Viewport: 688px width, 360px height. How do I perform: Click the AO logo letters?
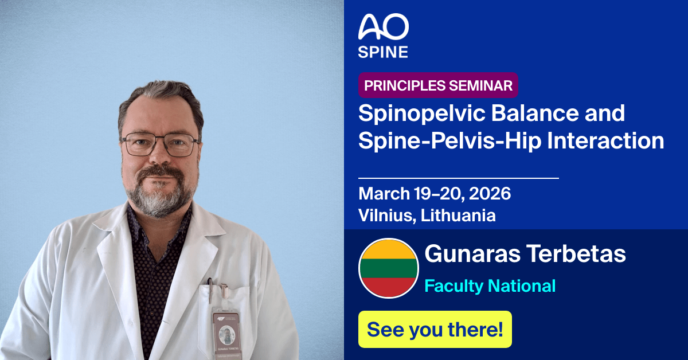point(383,28)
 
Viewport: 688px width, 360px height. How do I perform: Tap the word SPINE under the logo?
point(383,52)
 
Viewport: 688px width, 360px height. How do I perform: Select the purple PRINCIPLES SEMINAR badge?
point(439,86)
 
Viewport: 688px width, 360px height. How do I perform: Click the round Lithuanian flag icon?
point(388,268)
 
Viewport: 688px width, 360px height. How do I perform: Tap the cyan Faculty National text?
point(490,285)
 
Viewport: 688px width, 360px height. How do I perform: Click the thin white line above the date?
point(458,178)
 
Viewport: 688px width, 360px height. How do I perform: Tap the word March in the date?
point(384,194)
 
